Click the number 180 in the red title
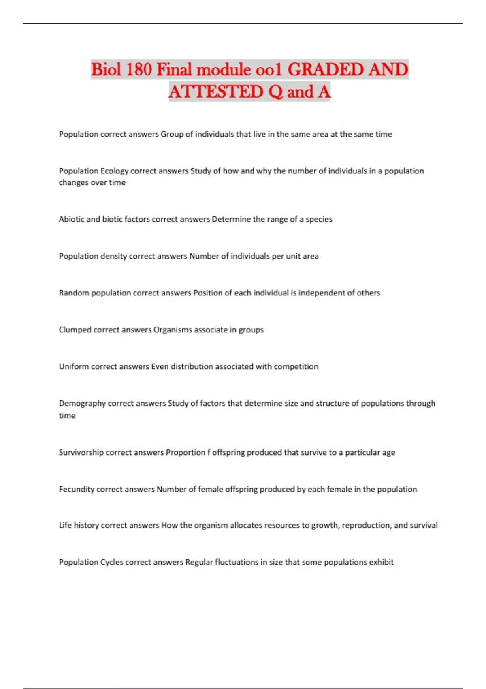pyautogui.click(x=139, y=70)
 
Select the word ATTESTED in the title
pyautogui.click(x=216, y=92)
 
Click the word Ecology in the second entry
pyautogui.click(x=114, y=171)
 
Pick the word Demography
pyautogui.click(x=82, y=404)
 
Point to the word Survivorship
pyautogui.click(x=81, y=452)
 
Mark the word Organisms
pyautogui.click(x=173, y=330)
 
